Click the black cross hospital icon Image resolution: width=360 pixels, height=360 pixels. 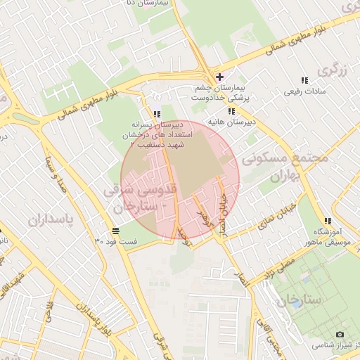click(x=220, y=77)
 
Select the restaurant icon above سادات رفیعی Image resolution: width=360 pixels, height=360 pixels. click(x=304, y=81)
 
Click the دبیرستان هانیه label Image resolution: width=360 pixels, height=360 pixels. click(x=230, y=122)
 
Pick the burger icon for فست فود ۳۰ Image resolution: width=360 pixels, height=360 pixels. click(x=115, y=231)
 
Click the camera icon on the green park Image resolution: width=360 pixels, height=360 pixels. click(x=340, y=334)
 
